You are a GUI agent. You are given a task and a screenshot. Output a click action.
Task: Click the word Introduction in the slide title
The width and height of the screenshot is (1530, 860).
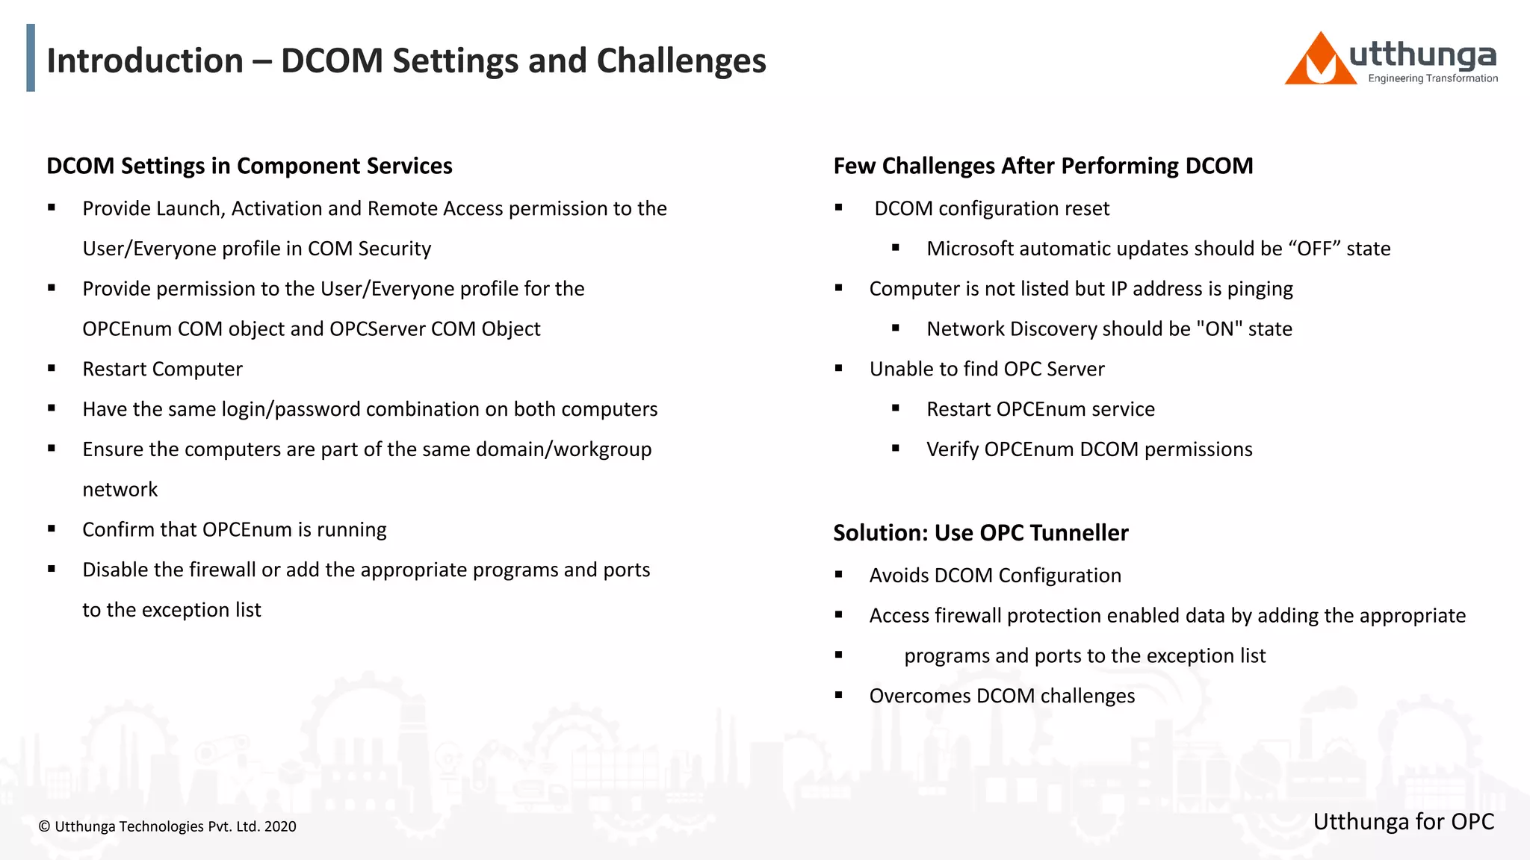tap(145, 61)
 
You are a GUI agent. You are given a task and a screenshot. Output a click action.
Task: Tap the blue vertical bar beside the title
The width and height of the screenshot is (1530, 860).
tap(31, 58)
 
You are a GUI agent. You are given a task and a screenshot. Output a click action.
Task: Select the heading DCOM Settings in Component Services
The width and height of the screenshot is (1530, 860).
tap(250, 166)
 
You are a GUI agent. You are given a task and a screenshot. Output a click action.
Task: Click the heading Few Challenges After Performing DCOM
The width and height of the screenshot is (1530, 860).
tap(1043, 166)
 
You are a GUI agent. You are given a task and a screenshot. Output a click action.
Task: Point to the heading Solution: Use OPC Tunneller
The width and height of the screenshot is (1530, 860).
tap(980, 533)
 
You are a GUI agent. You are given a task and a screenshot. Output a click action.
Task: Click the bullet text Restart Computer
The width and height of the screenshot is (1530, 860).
tap(162, 370)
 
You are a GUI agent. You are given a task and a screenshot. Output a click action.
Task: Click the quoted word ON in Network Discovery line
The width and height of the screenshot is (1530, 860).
tap(1219, 329)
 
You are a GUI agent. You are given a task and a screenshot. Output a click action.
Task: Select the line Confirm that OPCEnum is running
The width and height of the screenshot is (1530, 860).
tap(234, 530)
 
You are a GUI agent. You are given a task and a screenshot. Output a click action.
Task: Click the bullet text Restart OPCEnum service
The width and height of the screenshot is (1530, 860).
tap(1040, 409)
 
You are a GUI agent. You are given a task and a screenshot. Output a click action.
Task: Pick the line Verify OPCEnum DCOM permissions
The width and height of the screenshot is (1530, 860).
tap(1088, 449)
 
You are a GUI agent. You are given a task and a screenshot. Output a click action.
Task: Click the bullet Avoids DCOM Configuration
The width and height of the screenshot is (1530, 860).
tap(994, 576)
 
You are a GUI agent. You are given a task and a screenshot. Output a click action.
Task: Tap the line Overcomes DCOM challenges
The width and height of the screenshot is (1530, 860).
tap(1001, 697)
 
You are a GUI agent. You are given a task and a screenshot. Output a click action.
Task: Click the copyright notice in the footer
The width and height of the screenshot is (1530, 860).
tap(167, 826)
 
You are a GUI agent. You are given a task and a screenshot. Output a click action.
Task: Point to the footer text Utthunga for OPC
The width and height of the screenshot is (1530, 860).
tap(1403, 822)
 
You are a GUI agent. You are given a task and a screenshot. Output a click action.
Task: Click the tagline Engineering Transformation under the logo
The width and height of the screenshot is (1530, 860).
tap(1432, 78)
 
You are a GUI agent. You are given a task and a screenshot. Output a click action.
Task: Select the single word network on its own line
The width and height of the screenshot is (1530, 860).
tap(120, 490)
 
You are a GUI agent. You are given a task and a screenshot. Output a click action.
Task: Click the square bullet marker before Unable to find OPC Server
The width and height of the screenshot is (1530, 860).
tap(838, 368)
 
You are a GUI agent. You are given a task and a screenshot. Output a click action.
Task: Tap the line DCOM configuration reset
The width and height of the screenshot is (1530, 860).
tap(991, 209)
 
